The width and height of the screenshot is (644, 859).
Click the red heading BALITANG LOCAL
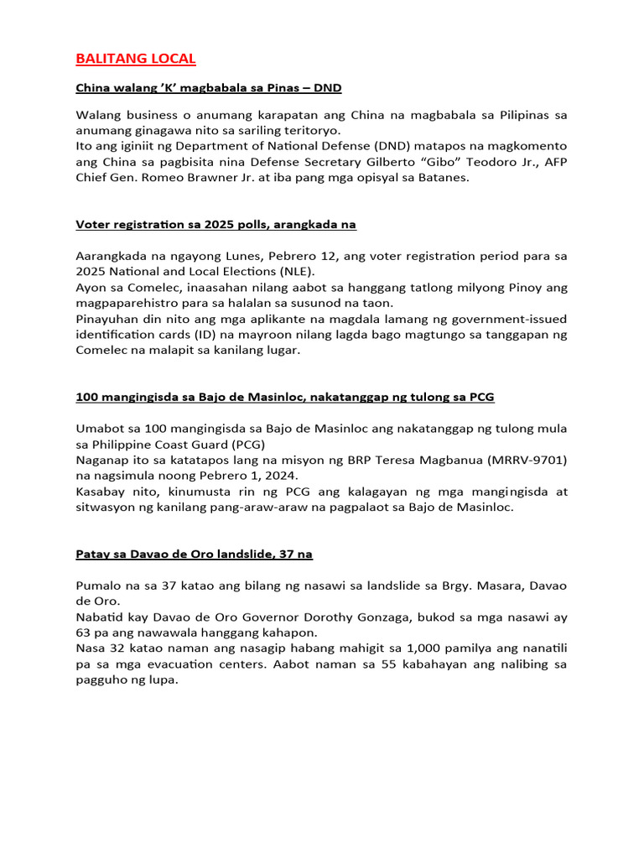point(136,59)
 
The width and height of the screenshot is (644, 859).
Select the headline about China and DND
point(208,87)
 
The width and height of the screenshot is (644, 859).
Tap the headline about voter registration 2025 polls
point(216,225)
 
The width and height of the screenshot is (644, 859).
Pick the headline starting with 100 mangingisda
point(285,397)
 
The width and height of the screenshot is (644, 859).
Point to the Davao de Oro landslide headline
point(194,554)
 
